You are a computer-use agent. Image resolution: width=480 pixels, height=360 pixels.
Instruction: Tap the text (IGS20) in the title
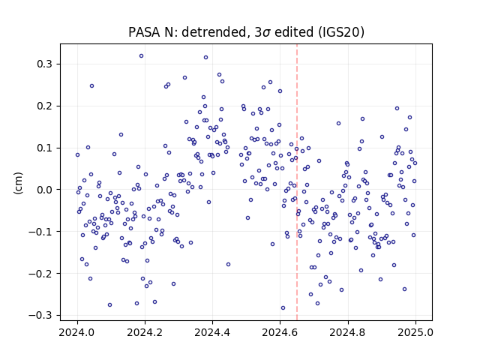click(x=340, y=32)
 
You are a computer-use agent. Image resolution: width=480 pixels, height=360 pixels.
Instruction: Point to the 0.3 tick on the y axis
click(x=45, y=64)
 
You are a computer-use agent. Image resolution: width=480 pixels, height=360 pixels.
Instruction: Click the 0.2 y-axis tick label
click(x=45, y=106)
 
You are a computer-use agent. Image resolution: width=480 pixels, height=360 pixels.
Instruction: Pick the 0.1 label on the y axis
click(x=45, y=148)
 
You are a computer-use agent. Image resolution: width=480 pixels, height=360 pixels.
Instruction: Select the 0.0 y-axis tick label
click(x=45, y=190)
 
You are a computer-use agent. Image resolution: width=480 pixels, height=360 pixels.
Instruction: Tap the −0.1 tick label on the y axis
click(x=40, y=232)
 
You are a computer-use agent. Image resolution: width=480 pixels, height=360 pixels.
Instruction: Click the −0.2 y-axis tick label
click(x=40, y=273)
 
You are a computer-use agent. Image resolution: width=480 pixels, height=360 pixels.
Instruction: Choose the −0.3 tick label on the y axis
click(x=40, y=315)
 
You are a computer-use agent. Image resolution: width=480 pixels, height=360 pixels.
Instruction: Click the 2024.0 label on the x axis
click(x=77, y=332)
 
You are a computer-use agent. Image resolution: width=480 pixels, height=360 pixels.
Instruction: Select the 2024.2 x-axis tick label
click(x=145, y=332)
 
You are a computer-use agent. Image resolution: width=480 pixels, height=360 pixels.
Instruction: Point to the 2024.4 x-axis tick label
click(x=212, y=332)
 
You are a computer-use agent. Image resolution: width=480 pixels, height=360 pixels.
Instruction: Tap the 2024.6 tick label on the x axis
click(x=280, y=332)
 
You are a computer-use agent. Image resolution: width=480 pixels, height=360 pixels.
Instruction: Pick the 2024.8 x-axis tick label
click(x=348, y=332)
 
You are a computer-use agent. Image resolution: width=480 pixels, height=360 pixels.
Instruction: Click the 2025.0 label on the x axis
click(x=415, y=332)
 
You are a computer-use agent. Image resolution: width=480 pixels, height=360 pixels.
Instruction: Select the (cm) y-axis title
click(x=18, y=183)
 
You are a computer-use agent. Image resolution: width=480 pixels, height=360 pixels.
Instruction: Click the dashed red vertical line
click(x=297, y=182)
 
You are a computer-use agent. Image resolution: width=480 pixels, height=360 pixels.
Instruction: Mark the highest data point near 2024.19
click(x=141, y=56)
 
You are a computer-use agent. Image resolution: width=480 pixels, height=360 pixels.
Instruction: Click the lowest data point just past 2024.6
click(x=283, y=308)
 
